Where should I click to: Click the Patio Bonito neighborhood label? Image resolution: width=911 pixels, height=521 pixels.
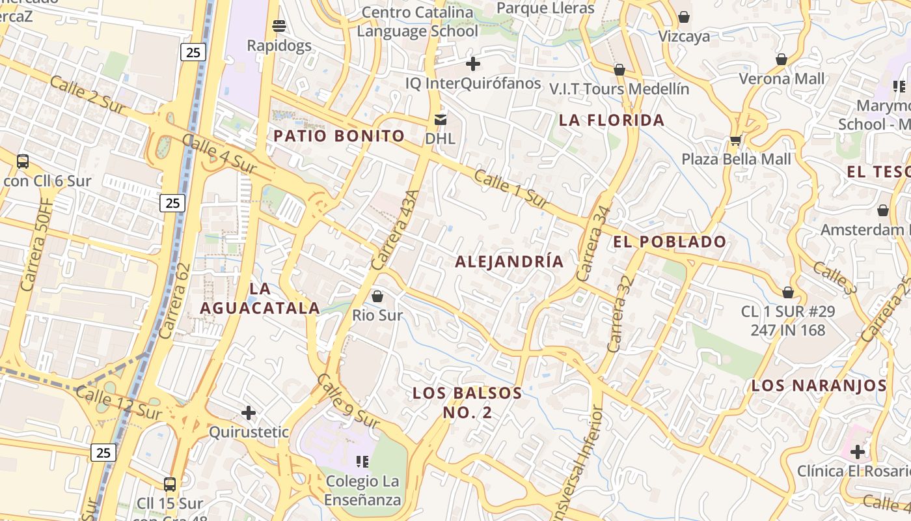pos(339,136)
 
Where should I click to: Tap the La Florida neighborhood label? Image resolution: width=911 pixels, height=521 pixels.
pos(612,120)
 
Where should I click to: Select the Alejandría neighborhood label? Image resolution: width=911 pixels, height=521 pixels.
pos(510,262)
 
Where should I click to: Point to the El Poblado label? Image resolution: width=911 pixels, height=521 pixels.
pos(670,242)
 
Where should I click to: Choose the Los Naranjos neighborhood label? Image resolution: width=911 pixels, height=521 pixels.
pos(819,386)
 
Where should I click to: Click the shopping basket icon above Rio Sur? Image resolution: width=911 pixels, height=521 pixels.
pos(377,297)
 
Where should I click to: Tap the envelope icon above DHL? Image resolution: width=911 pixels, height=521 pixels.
pos(441,119)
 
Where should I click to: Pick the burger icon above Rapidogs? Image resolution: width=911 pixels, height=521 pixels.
pos(279,26)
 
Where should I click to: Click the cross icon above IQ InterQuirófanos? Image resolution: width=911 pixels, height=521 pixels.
pos(473,64)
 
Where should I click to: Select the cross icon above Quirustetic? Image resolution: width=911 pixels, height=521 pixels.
pos(248,413)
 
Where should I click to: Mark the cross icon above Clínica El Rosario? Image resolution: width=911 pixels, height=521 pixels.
pos(858,451)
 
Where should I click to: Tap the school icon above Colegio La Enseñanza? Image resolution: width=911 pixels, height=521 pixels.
pos(362,462)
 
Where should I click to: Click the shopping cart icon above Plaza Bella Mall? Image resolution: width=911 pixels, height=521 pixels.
pos(736,140)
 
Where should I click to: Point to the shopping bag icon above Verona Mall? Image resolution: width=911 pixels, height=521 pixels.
pos(782,59)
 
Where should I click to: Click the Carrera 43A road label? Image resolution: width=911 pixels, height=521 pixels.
pos(395,230)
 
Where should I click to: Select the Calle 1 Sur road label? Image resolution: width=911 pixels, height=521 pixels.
pos(512,189)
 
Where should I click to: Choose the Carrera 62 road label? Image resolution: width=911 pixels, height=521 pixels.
pos(175,300)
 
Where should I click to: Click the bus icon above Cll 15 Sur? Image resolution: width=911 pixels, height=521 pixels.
pos(170,484)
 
